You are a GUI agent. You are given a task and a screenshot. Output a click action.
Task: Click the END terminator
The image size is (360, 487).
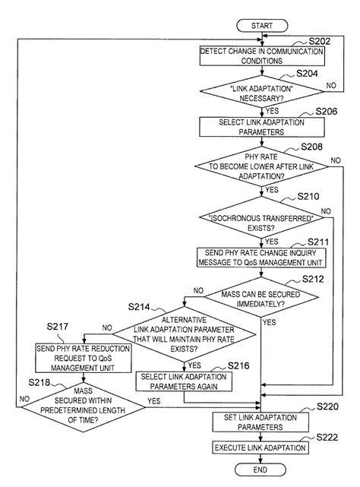(x=261, y=470)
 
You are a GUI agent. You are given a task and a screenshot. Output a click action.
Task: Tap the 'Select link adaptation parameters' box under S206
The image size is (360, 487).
(x=261, y=126)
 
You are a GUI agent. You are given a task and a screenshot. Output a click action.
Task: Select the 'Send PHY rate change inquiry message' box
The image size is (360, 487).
(x=261, y=258)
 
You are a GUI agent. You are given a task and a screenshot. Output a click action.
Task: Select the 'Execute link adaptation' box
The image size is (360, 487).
(x=261, y=448)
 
